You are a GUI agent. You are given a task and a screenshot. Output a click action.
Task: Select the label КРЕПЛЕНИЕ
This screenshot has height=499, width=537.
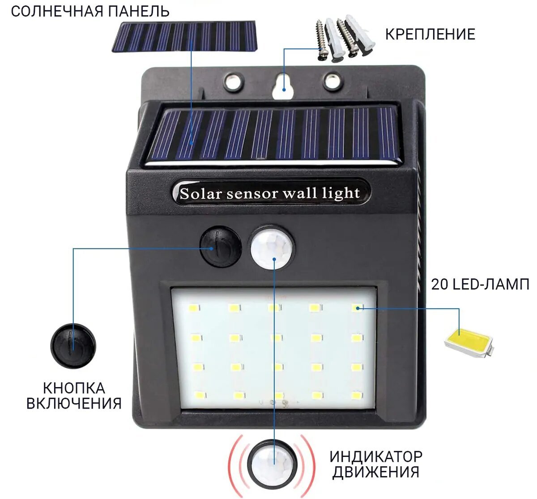point(430,34)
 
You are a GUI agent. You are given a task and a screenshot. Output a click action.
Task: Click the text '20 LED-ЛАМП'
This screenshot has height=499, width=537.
point(480,284)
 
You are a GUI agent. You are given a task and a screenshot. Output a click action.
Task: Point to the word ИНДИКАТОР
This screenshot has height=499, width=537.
point(376,456)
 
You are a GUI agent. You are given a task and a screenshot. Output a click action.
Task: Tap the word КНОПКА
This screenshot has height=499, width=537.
point(74,388)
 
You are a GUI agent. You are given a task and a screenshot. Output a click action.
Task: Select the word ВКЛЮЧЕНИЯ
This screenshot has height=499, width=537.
point(74,403)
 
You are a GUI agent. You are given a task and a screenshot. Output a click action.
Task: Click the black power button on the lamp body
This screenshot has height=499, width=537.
point(220,247)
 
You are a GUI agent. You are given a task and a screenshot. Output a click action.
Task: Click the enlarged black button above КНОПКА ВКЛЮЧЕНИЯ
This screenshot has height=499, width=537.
point(73,346)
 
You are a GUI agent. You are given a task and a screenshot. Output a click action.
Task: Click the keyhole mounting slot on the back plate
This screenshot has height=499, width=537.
point(283,86)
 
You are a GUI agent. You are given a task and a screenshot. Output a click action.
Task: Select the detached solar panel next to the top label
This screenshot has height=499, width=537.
point(184,36)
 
